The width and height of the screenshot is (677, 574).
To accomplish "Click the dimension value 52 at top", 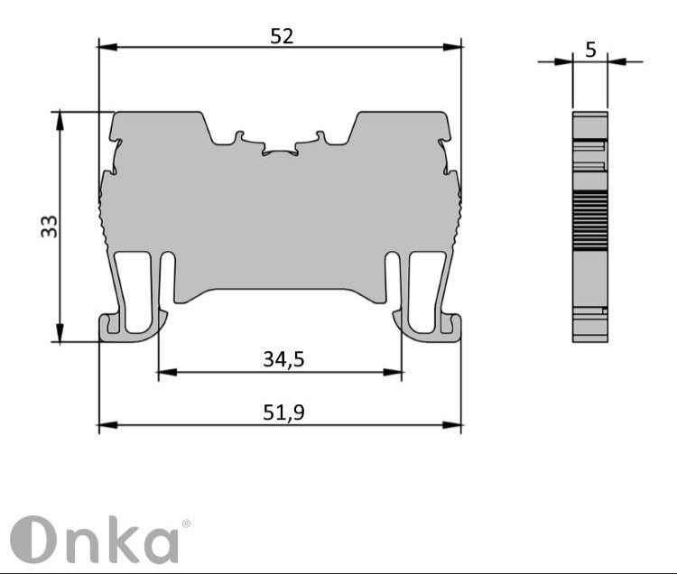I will pyautogui.click(x=283, y=36).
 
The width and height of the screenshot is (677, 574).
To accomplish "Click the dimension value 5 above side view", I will pyautogui.click(x=590, y=50).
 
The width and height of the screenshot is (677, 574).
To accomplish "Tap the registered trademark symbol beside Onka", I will pyautogui.click(x=186, y=523).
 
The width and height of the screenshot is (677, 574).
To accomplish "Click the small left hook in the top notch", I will pyautogui.click(x=238, y=137).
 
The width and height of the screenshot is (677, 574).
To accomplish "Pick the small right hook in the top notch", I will pyautogui.click(x=320, y=137).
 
